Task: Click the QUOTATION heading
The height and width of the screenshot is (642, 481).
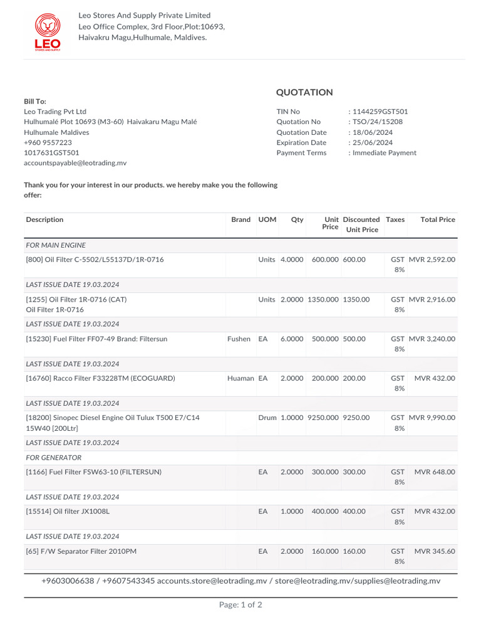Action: pos(304,92)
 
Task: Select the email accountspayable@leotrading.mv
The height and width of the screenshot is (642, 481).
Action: pos(75,162)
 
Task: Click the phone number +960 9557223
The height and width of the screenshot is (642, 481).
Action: pos(48,142)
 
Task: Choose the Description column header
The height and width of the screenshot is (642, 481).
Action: pos(44,219)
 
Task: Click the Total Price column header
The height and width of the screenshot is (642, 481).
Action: pos(438,219)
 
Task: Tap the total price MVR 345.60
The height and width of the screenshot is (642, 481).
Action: pos(435,551)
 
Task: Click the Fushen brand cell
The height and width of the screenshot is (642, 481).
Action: pos(239,339)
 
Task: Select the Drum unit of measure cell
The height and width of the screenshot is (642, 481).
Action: pos(267,418)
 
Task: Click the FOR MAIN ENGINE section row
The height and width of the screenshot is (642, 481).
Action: pos(56,245)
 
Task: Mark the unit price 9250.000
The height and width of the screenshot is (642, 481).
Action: pos(323,418)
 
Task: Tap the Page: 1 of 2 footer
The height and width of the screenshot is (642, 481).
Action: pos(240,605)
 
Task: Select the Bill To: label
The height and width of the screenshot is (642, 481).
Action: pos(35,102)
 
